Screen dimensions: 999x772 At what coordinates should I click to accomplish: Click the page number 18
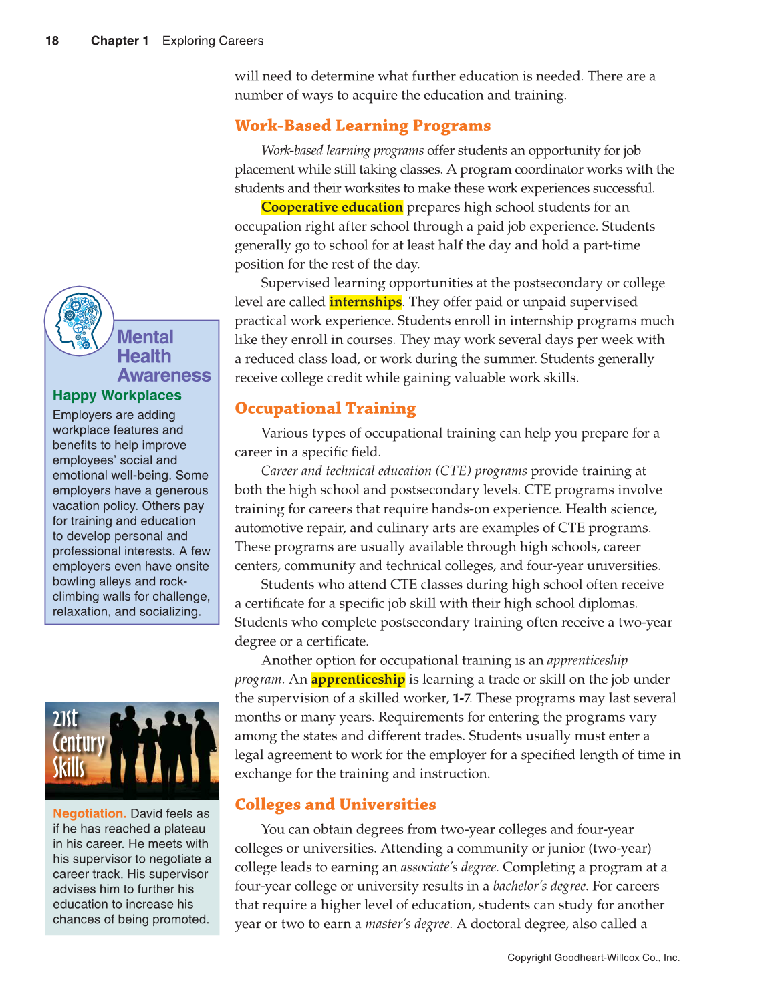[52, 41]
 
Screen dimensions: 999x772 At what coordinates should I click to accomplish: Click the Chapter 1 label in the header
[120, 41]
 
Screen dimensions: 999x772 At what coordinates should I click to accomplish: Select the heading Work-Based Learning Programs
[362, 126]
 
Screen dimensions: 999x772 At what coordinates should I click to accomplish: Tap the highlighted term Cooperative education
[332, 207]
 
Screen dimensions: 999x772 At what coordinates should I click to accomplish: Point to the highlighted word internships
[365, 302]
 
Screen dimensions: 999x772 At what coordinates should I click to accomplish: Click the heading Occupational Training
[325, 408]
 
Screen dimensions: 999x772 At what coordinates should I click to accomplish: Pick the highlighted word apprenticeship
[358, 680]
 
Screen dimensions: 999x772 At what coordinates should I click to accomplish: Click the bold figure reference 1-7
[461, 698]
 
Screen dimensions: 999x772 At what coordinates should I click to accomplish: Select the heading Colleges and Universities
[335, 805]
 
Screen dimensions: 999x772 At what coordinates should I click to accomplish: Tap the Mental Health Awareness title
[164, 356]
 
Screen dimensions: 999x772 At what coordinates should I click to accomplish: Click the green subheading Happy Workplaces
[117, 396]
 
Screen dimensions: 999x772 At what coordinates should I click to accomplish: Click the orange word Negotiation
[90, 813]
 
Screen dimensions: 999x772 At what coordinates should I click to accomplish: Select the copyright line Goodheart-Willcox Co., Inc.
[593, 958]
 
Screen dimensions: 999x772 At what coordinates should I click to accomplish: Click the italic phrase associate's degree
[449, 867]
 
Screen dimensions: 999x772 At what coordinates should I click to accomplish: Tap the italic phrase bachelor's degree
[540, 886]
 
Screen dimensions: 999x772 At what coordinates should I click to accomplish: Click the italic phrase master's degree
[408, 924]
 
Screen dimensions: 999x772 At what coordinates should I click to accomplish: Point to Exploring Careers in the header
[213, 41]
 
